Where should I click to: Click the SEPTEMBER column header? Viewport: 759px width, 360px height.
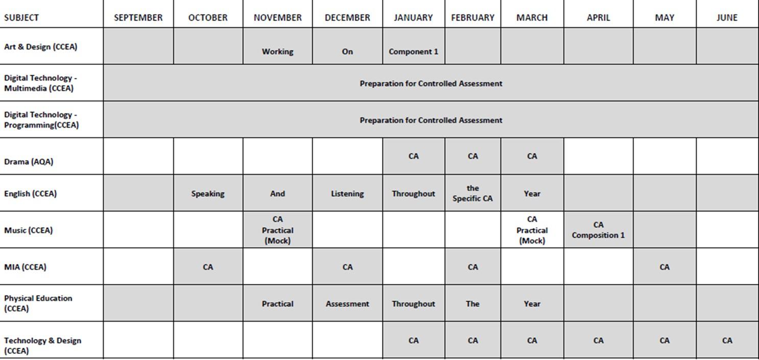point(138,17)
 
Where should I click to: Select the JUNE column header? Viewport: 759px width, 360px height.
point(727,17)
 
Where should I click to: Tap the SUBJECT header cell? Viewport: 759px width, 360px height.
point(21,17)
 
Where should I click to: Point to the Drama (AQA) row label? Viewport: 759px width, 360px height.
point(29,161)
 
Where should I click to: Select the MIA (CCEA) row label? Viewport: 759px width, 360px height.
point(25,267)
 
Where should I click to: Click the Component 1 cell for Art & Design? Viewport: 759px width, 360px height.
point(413,51)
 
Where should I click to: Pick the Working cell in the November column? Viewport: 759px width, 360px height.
point(277,51)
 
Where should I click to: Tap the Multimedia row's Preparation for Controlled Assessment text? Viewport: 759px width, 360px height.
point(431,83)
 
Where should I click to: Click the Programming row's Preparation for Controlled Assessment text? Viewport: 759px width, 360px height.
point(431,120)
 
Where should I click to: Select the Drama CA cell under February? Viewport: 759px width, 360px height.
point(472,156)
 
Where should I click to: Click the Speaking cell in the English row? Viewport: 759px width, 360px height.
point(208,194)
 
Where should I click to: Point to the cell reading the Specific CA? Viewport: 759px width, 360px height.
point(472,194)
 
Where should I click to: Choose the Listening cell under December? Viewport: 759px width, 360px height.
point(347,194)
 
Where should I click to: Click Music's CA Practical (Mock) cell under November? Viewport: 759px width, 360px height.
point(277,230)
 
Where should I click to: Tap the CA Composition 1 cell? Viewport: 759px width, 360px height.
point(598,230)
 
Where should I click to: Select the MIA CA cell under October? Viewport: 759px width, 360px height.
point(208,267)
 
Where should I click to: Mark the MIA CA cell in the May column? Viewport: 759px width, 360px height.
point(664,267)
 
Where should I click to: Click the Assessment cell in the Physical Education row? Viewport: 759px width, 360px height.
point(347,303)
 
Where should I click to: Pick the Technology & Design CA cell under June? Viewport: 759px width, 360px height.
point(727,340)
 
